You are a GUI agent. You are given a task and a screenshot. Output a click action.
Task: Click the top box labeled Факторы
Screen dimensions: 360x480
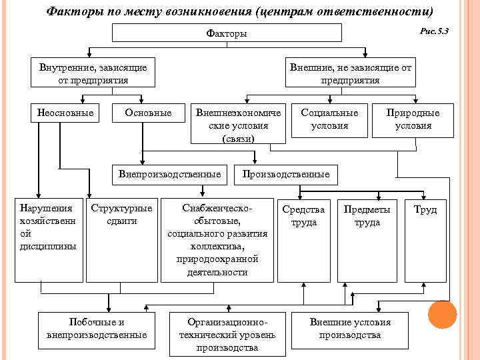click(x=227, y=33)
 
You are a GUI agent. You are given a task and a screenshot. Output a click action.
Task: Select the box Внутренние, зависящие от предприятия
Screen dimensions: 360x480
click(x=93, y=73)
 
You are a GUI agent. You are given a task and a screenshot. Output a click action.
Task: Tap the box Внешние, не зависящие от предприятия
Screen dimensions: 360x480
click(x=350, y=73)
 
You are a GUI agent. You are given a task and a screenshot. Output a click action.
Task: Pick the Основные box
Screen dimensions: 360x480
click(x=148, y=113)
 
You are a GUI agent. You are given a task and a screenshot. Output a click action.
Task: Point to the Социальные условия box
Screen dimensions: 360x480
click(x=330, y=119)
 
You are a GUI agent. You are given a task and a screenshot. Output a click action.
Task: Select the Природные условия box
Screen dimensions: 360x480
click(x=413, y=119)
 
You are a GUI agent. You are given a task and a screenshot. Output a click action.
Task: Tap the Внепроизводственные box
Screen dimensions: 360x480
click(x=169, y=174)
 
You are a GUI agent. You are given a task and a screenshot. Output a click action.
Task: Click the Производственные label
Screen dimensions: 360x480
click(x=286, y=175)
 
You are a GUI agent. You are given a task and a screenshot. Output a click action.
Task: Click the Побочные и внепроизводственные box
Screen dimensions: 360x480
click(x=97, y=329)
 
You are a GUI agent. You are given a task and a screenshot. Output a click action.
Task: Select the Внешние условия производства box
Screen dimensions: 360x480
click(x=350, y=329)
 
